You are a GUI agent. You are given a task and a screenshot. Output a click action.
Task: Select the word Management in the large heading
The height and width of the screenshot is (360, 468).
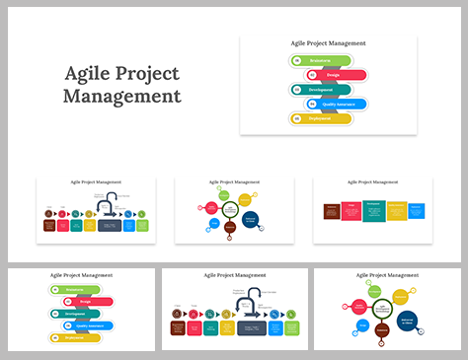[121, 97]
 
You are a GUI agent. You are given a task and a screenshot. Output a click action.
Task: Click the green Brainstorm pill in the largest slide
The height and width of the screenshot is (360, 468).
[318, 60]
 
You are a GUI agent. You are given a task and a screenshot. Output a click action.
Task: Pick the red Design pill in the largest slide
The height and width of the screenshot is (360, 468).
[335, 75]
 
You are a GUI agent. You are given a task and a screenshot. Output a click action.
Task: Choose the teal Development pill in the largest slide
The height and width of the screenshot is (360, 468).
[320, 89]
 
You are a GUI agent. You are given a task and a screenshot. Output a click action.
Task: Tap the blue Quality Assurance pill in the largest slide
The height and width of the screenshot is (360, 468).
[337, 104]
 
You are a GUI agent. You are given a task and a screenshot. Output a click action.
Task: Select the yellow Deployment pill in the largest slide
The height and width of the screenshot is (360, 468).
[320, 118]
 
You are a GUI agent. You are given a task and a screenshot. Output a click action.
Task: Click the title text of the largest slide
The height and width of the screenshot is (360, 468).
[328, 43]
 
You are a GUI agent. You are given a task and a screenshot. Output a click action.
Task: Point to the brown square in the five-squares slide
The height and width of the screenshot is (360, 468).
[333, 210]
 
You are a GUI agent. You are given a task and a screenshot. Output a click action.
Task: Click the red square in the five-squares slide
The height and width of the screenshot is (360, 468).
[351, 211]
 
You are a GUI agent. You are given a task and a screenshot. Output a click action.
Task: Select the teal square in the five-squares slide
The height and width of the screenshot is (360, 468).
[373, 211]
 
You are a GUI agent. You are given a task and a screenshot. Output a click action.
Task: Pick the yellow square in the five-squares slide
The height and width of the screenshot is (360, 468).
[396, 211]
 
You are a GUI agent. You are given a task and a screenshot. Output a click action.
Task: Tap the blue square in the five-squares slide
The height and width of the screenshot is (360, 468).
[417, 210]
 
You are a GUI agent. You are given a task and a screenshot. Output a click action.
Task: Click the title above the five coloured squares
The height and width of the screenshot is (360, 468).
[373, 182]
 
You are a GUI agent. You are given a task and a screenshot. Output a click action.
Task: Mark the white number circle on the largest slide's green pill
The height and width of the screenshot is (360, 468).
[297, 60]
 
